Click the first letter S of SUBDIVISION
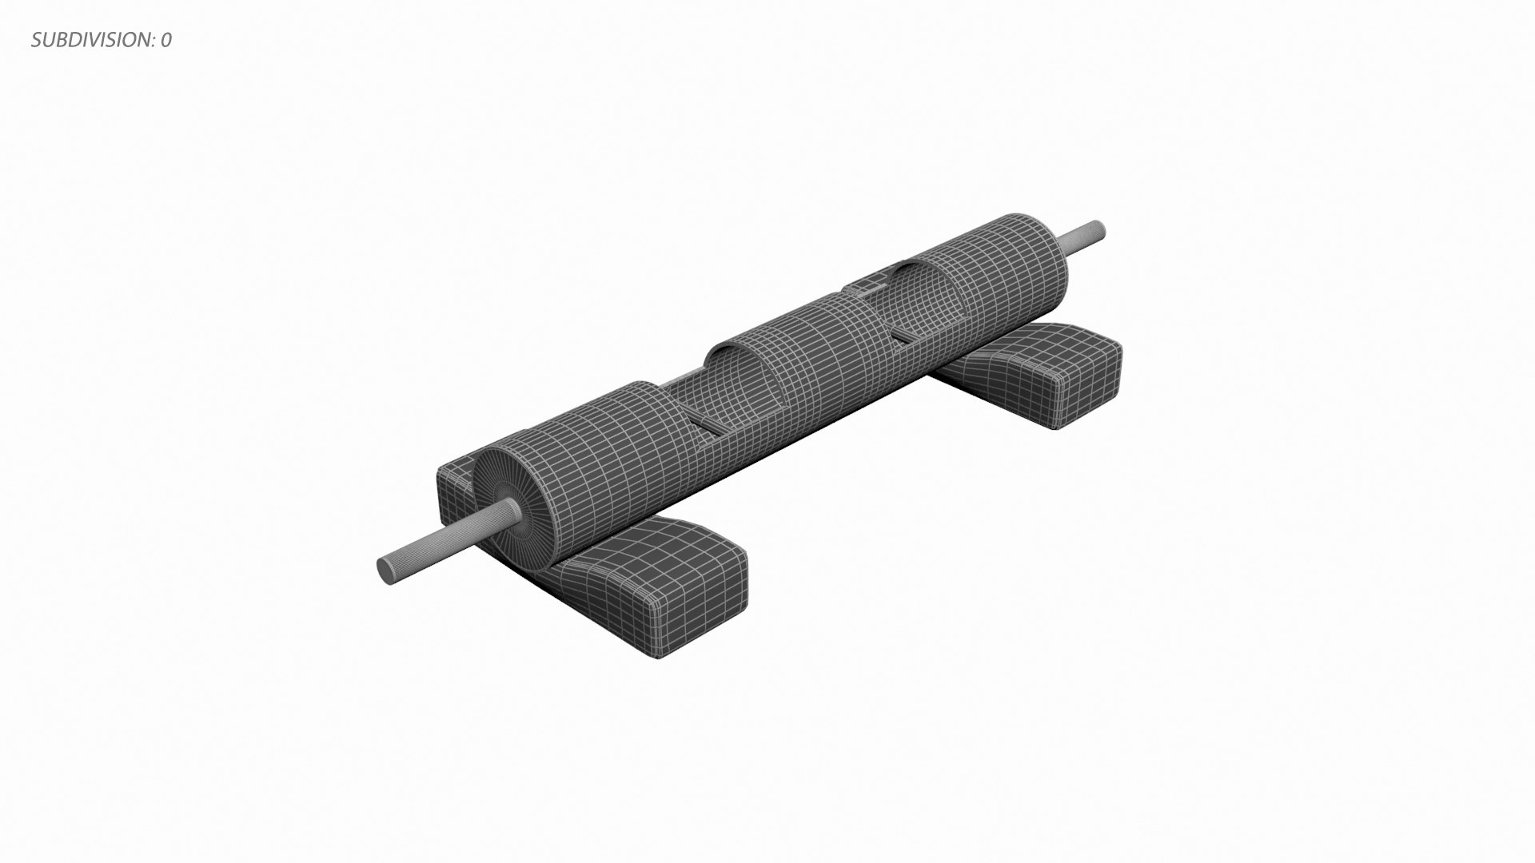pos(37,40)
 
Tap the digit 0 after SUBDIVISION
pos(165,40)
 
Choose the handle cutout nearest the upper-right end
pos(919,304)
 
